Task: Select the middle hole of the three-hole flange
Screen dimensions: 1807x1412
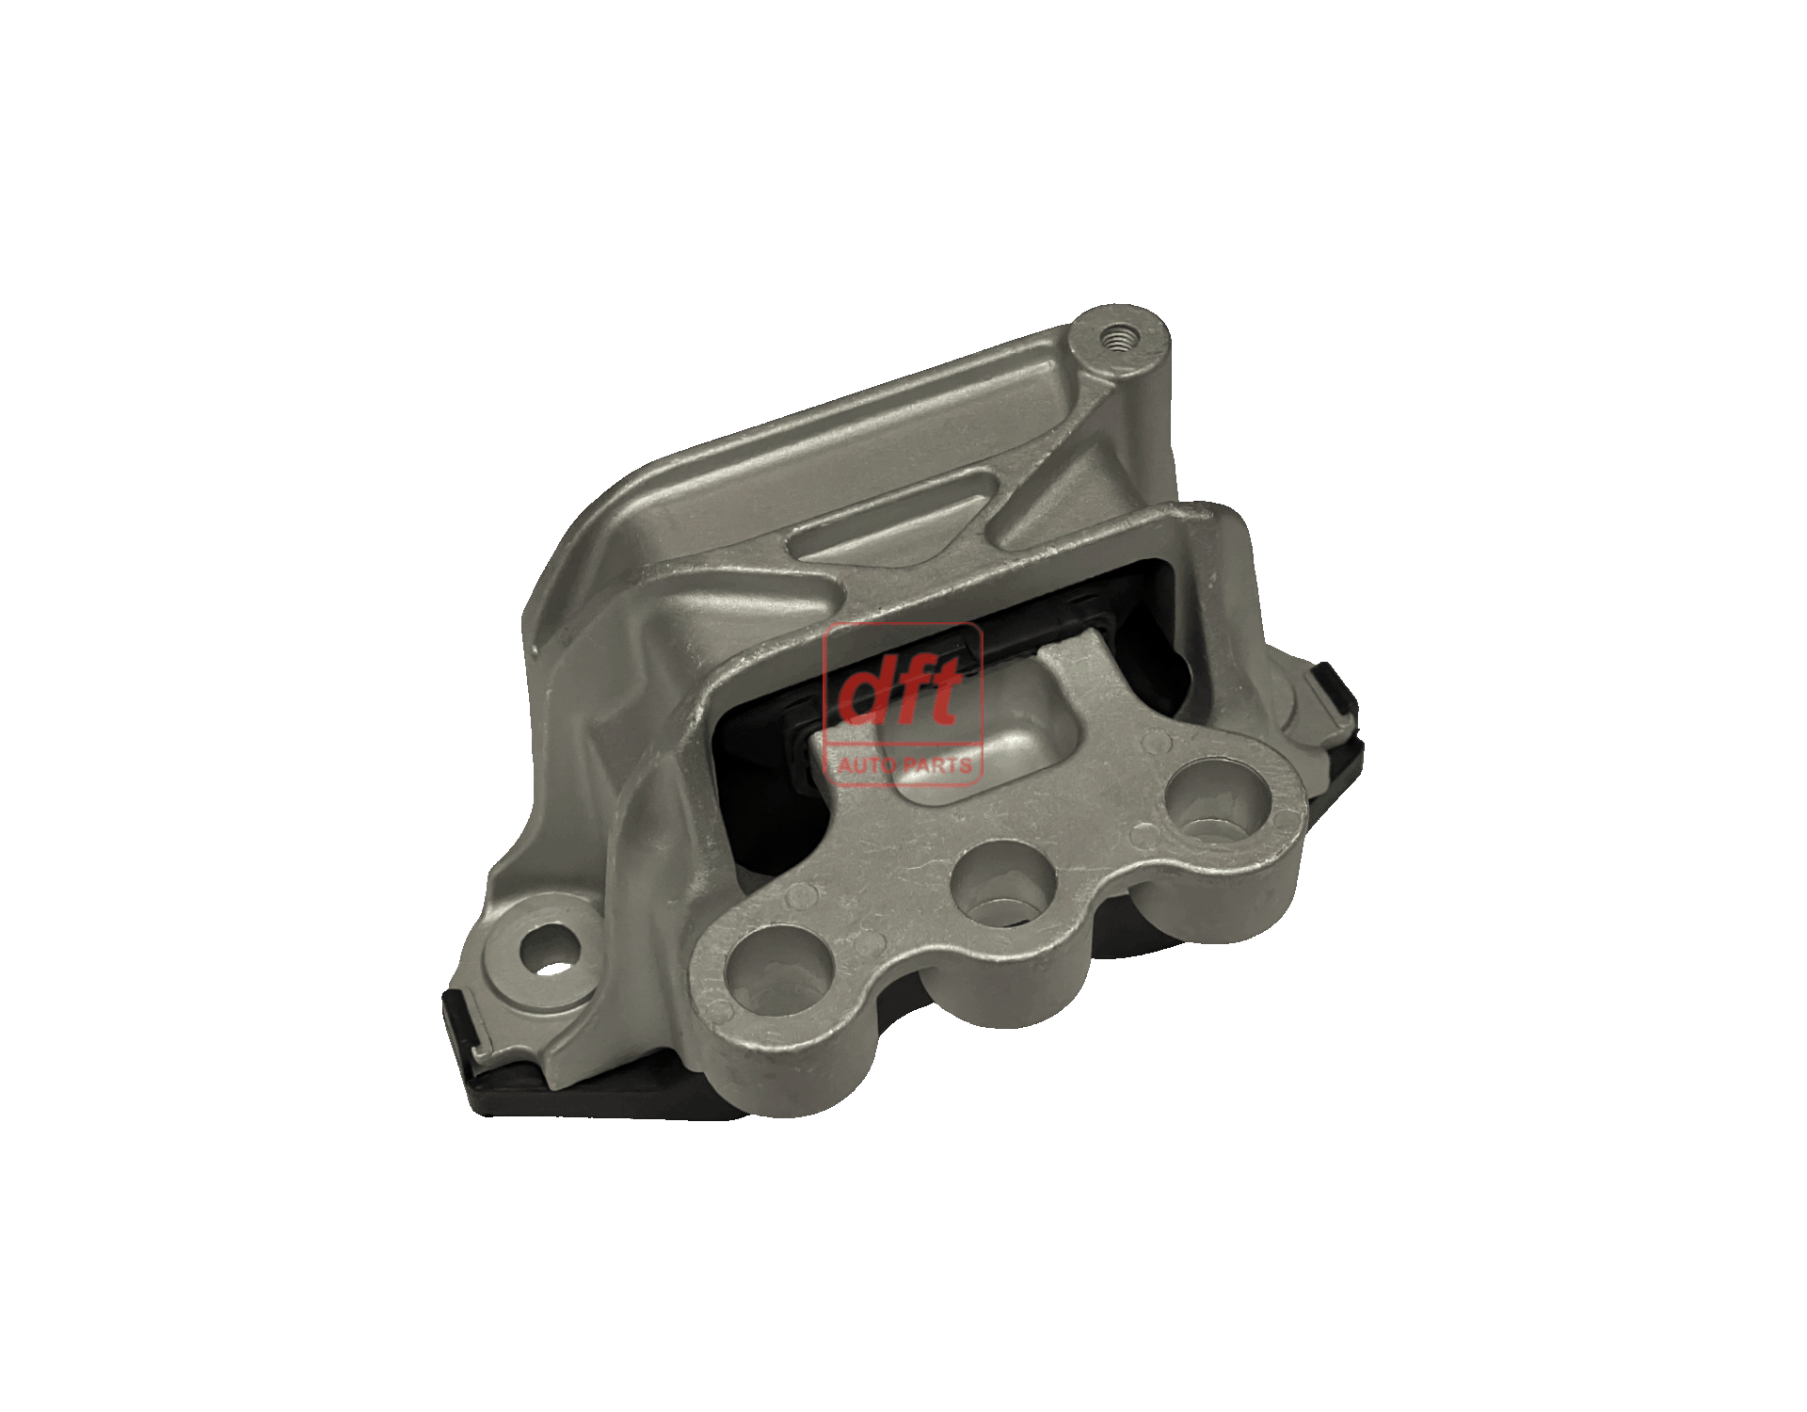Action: click(x=1003, y=886)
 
